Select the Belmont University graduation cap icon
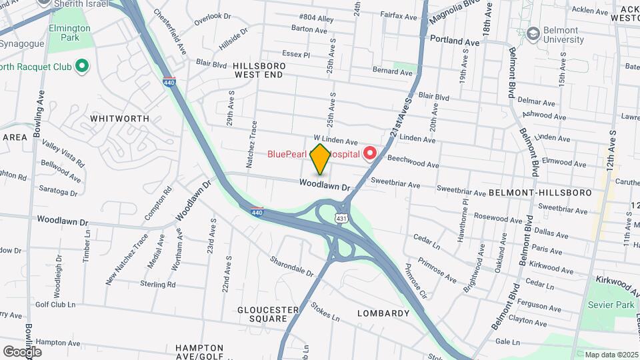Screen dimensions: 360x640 533,33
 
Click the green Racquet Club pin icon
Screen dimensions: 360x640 82,65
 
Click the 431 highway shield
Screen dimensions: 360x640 341,218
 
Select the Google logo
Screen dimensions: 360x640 22,351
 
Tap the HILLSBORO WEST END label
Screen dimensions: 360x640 259,71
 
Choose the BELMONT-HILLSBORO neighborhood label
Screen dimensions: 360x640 540,193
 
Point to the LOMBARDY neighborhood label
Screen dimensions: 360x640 383,313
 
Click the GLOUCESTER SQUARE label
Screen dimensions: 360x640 268,314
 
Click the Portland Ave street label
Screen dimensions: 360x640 455,41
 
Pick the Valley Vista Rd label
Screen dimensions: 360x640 63,153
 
